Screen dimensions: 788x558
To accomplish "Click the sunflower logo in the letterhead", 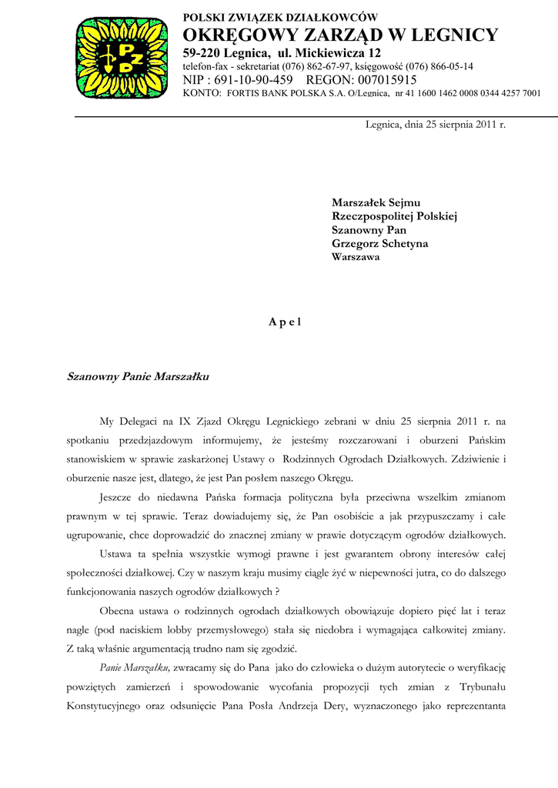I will [122, 58].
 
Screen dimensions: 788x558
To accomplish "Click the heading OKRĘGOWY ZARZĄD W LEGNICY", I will [340, 35].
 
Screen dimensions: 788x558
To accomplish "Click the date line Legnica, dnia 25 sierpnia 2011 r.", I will [435, 124].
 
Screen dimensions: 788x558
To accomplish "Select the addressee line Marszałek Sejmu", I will [376, 202].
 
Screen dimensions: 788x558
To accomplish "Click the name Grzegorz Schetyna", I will [380, 244].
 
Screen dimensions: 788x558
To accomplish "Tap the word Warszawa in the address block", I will [355, 258].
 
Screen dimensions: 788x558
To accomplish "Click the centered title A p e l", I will [285, 322].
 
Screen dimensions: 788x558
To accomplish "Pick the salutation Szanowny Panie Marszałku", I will [138, 378].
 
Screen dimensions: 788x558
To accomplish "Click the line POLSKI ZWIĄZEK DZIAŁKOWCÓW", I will [280, 18].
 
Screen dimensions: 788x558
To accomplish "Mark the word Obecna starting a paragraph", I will [118, 611].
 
